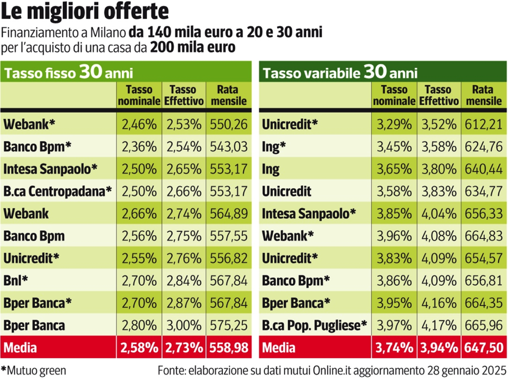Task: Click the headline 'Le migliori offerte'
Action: pyautogui.click(x=85, y=12)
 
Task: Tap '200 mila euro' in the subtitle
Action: pyautogui.click(x=193, y=47)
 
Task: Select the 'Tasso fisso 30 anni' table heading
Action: pyautogui.click(x=68, y=72)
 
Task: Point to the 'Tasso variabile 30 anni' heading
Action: pyautogui.click(x=340, y=72)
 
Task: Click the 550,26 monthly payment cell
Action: pyautogui.click(x=228, y=124)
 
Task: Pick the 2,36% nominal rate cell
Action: pyautogui.click(x=139, y=147)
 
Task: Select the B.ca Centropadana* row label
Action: pyautogui.click(x=57, y=191)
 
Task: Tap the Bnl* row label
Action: pyautogui.click(x=16, y=280)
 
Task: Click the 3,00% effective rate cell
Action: pyautogui.click(x=184, y=325)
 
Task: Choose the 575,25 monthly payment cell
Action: pyautogui.click(x=228, y=325)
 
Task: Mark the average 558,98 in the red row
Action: pyautogui.click(x=228, y=348)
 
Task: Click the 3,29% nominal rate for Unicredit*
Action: pyautogui.click(x=394, y=124)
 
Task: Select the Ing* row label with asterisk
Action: pyautogui.click(x=274, y=147)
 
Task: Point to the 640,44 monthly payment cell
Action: pyautogui.click(x=483, y=169)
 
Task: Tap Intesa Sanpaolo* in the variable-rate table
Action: pyautogui.click(x=309, y=213)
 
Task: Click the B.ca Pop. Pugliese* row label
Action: pyautogui.click(x=314, y=325)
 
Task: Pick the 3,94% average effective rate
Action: pyautogui.click(x=439, y=348)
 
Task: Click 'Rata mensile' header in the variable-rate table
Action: pyautogui.click(x=483, y=95)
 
